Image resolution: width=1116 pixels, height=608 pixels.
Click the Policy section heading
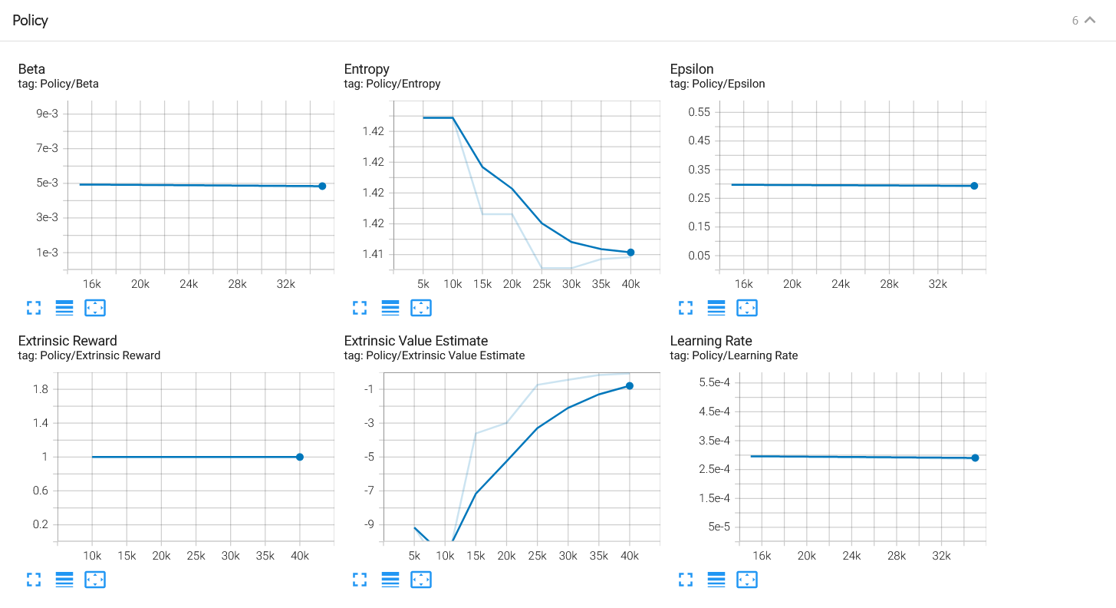click(x=31, y=21)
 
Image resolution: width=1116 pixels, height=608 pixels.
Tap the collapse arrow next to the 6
click(x=1090, y=21)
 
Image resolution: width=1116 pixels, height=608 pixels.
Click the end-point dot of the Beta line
click(x=322, y=186)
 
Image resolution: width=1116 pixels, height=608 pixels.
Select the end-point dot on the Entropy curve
click(x=630, y=253)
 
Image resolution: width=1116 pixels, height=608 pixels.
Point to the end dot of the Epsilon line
click(x=974, y=186)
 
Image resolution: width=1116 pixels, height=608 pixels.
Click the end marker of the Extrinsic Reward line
click(x=300, y=457)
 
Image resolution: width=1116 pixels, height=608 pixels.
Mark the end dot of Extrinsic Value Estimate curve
click(x=630, y=385)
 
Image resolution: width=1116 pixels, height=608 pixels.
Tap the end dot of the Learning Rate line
click(x=975, y=458)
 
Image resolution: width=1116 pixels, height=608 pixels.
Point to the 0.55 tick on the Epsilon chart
click(x=700, y=112)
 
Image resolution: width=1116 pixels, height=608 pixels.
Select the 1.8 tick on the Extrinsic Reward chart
click(x=40, y=389)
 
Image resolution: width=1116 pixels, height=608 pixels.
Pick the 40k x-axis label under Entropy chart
click(x=630, y=284)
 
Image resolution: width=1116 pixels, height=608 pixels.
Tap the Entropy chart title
click(x=367, y=69)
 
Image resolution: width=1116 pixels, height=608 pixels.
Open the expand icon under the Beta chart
click(x=34, y=308)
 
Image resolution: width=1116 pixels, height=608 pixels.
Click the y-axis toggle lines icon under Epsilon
click(x=716, y=308)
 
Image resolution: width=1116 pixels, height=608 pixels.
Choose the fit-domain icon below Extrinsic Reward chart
click(x=95, y=580)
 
